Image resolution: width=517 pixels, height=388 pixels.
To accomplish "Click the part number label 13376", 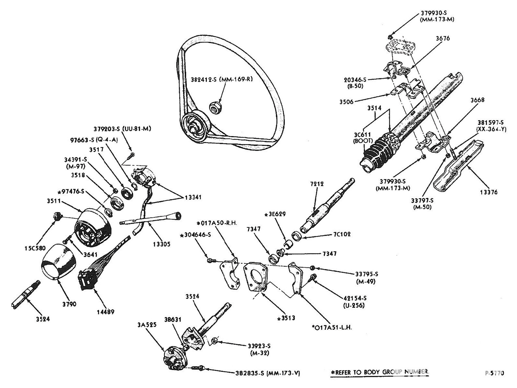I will [x=488, y=192].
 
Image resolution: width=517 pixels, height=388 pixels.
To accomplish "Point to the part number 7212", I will [x=317, y=184].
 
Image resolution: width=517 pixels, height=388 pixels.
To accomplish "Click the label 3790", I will [x=69, y=304].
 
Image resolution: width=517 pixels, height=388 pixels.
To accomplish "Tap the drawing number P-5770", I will [x=494, y=373].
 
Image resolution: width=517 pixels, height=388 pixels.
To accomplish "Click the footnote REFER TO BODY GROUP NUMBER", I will [x=380, y=372].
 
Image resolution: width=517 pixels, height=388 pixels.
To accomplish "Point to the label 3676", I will [x=442, y=38].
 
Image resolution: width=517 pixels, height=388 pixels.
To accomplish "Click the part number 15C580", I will [x=35, y=248].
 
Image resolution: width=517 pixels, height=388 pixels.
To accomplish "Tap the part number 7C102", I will [x=342, y=234].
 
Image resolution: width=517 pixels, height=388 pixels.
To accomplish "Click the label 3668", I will [x=477, y=100].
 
